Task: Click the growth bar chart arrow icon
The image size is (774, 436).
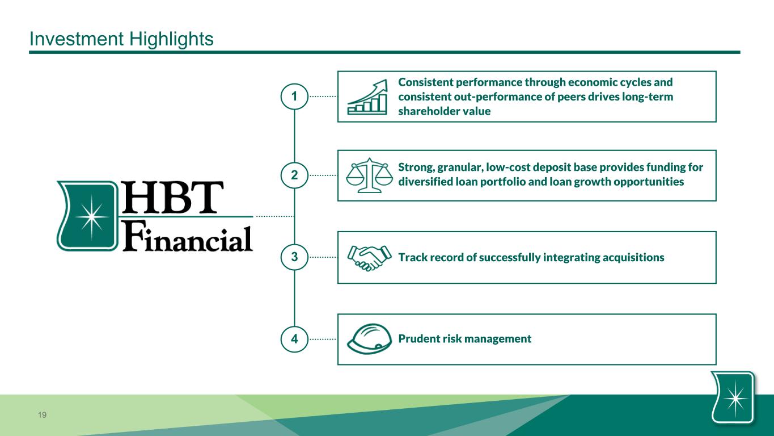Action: tap(367, 97)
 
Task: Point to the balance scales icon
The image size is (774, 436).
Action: tap(369, 175)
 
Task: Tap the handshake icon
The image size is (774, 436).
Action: tap(369, 258)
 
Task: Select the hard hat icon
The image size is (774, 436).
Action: tap(369, 339)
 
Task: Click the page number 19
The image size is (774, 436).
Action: tap(42, 415)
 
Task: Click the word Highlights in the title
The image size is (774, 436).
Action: tap(171, 39)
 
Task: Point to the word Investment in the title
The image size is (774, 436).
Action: tap(77, 39)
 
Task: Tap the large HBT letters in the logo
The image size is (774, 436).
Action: tap(172, 197)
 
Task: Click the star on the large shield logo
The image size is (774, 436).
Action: tap(91, 217)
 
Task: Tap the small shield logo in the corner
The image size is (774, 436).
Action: tap(733, 397)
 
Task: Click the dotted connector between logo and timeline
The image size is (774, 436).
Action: tap(275, 216)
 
